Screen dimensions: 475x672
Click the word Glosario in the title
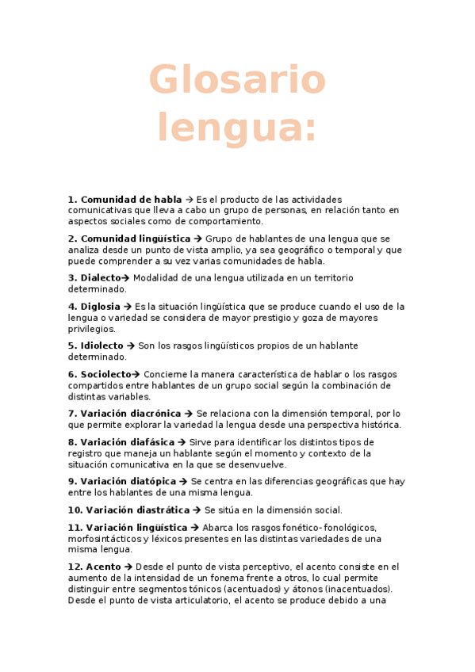click(237, 81)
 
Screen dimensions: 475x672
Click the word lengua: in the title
click(237, 128)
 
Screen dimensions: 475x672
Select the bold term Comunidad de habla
click(131, 199)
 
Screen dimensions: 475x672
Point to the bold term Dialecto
click(100, 278)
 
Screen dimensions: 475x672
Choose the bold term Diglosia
click(100, 307)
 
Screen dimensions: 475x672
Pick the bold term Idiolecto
click(102, 346)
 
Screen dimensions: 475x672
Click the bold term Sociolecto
click(105, 374)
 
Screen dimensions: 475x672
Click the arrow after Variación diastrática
click(197, 510)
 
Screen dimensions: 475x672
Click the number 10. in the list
click(75, 510)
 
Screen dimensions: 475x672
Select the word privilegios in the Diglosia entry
click(92, 329)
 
